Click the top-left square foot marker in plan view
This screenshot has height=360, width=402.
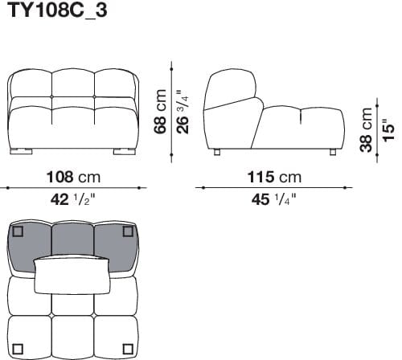[18, 232]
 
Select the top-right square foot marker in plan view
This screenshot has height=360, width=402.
[127, 232]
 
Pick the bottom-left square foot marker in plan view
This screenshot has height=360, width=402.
[18, 349]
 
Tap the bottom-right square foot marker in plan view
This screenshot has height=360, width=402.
[127, 349]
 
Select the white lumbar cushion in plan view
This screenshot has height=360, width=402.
[73, 276]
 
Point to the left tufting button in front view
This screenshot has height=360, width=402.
[52, 97]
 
